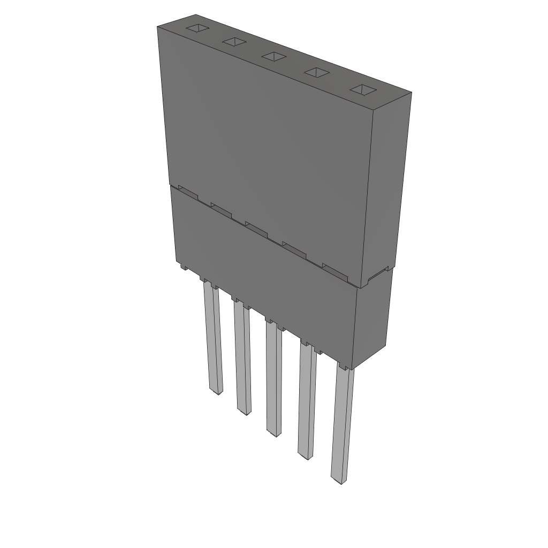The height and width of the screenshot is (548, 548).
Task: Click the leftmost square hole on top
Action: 196,28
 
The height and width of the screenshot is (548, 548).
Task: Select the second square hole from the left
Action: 234,42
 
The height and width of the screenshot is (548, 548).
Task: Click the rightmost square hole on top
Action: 364,89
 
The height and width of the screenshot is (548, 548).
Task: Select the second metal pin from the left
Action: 242,359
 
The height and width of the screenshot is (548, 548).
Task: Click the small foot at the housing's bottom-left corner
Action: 183,266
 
